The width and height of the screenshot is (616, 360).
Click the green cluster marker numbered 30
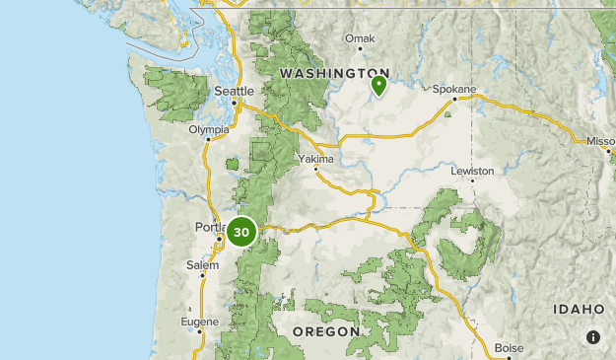[x=241, y=233]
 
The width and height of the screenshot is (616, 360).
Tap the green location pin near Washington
[x=378, y=87]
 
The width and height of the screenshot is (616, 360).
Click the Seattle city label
[x=235, y=92]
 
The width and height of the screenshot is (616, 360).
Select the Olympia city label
[x=209, y=128]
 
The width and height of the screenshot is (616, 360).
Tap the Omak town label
[x=360, y=38]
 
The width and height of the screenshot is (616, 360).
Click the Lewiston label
[x=472, y=171]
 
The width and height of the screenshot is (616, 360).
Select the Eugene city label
[x=200, y=322]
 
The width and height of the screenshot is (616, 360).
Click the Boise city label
[x=510, y=347]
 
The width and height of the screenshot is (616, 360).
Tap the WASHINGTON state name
[x=334, y=73]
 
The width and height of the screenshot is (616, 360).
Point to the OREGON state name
[x=326, y=331]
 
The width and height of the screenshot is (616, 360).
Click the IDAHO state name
[x=579, y=309]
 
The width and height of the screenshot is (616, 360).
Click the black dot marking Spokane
[x=454, y=99]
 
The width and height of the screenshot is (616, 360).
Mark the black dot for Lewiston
[x=473, y=180]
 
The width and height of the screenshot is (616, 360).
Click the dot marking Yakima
[x=316, y=169]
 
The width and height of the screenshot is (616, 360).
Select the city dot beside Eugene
[x=199, y=331]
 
